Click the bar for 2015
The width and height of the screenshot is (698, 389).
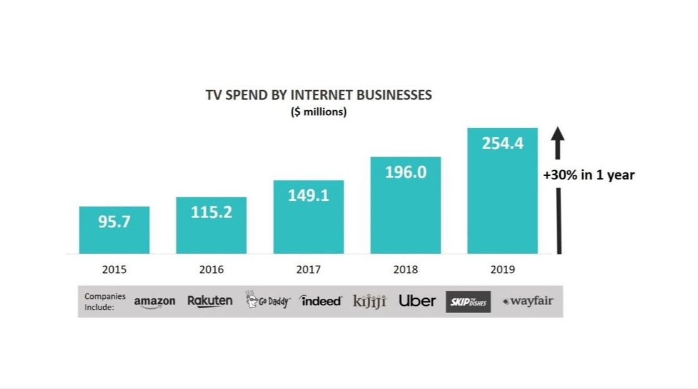pos(114,238)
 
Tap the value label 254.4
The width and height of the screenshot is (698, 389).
pos(502,143)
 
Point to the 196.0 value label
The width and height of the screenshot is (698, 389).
pos(405,172)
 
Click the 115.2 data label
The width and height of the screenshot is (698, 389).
pos(211,212)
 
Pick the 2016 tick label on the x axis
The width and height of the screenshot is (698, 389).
pos(211,270)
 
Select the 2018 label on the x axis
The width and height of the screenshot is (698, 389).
pos(405,270)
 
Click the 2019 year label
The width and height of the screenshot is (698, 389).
pos(502,270)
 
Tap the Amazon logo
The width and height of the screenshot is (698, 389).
pos(154,302)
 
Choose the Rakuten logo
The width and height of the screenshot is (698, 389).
pos(210,301)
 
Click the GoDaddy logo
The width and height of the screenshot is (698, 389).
pos(268,301)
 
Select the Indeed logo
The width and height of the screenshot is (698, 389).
pos(321,301)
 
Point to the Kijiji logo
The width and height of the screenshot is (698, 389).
pos(370,301)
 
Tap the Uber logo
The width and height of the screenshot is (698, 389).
pos(417,301)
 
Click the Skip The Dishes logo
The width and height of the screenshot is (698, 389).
pos(468,302)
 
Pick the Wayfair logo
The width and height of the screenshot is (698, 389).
pos(529,301)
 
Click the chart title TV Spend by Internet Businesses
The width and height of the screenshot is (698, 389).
pos(319,95)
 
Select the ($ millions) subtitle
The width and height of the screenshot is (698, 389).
pos(319,112)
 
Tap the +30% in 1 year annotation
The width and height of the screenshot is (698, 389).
pos(589,175)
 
